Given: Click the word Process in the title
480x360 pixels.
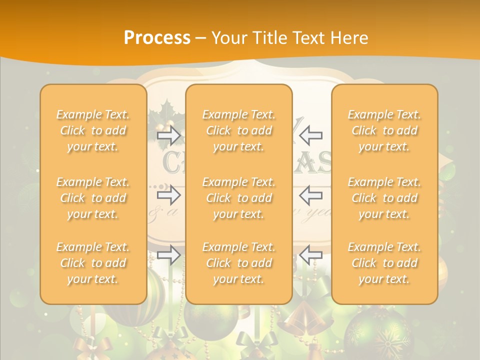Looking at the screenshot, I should (157, 38).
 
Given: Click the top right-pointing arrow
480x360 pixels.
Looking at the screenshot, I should (168, 135).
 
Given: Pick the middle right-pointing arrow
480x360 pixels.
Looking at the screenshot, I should (168, 195).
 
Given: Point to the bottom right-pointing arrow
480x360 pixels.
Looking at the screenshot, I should (168, 255).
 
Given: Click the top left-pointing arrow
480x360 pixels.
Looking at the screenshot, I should (311, 135).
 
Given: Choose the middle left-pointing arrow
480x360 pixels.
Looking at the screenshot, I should (311, 195).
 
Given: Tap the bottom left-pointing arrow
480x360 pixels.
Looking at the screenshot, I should (311, 255).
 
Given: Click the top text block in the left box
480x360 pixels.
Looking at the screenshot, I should (93, 130).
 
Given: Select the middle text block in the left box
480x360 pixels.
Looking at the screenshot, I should (93, 198).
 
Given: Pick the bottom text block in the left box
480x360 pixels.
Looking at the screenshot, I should (93, 263).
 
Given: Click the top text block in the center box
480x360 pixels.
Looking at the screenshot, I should (239, 130).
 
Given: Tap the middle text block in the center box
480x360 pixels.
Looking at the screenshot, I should (239, 198).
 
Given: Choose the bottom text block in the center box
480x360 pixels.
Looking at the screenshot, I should (239, 263).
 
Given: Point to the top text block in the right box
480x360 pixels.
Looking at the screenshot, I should (384, 130).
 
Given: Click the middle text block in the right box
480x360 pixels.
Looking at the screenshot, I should (384, 198).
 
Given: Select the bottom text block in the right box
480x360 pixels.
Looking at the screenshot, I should (384, 263).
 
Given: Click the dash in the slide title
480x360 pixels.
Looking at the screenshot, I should (201, 38).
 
